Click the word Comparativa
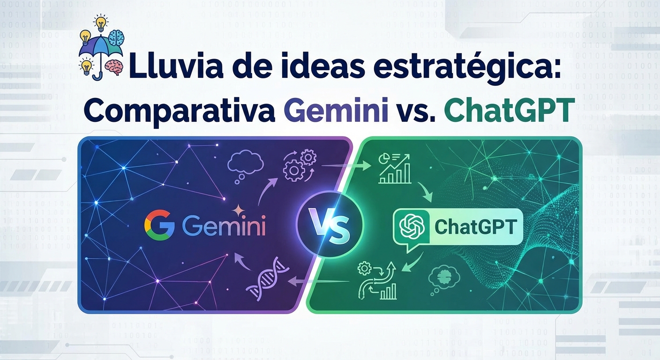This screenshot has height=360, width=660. pos(179,110)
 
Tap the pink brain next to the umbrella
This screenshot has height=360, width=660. pos(114,67)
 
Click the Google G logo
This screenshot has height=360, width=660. pos(159,225)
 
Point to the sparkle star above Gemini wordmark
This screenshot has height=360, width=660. pos(239,211)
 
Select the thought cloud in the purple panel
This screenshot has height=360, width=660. pos(245,165)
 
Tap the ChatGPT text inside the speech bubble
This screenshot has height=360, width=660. pos(475,227)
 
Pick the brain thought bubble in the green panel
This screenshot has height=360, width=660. pos(443,278)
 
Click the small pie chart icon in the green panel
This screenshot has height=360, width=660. pos(382,159)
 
